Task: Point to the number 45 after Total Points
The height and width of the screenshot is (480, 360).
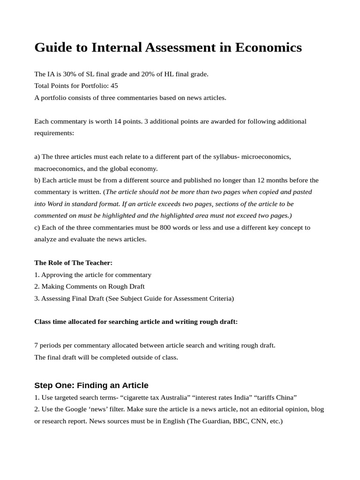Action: point(114,86)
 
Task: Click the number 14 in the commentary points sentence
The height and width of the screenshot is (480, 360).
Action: point(118,121)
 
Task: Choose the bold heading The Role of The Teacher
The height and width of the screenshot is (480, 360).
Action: point(73,263)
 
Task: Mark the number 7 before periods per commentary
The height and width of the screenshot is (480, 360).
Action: point(36,345)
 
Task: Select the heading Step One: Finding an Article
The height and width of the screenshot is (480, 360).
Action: point(91,385)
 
